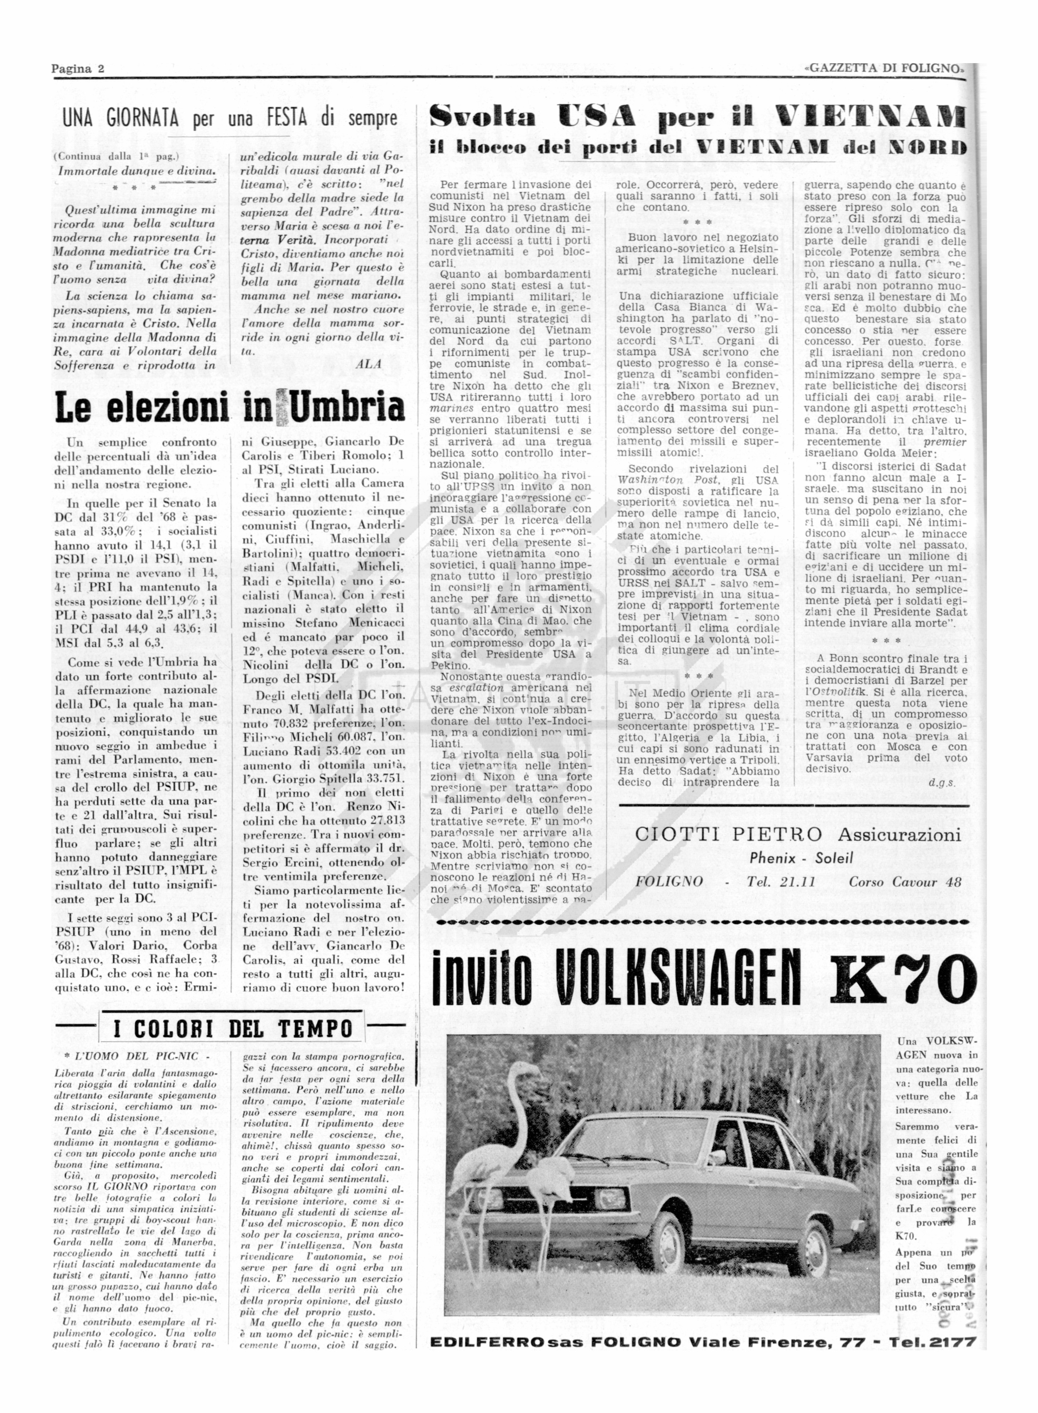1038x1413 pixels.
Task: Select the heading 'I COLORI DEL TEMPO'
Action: (233, 1029)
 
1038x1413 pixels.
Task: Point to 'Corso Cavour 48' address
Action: (905, 882)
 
